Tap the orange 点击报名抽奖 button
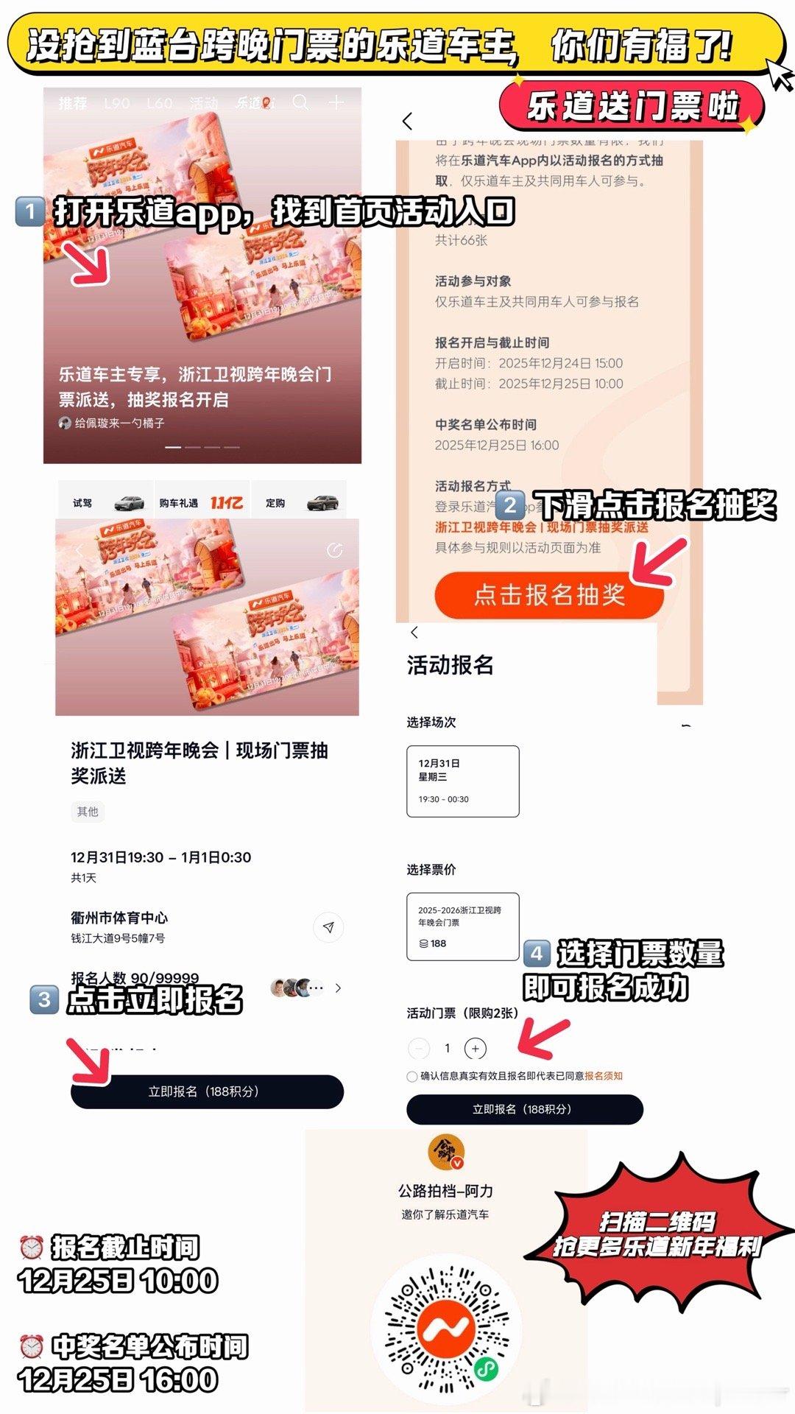(548, 594)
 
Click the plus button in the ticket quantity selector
(476, 1048)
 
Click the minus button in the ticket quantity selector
(418, 1048)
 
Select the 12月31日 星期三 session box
(462, 781)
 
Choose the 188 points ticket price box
(462, 926)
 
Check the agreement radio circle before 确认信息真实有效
(412, 1076)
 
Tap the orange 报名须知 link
(604, 1076)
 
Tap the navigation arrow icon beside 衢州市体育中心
(328, 927)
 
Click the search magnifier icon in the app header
(300, 102)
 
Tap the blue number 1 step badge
(29, 211)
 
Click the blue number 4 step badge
(537, 954)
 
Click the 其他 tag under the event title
(88, 812)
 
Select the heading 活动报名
(450, 665)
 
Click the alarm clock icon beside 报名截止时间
(31, 1248)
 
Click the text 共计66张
(461, 240)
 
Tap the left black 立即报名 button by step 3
(206, 1091)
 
